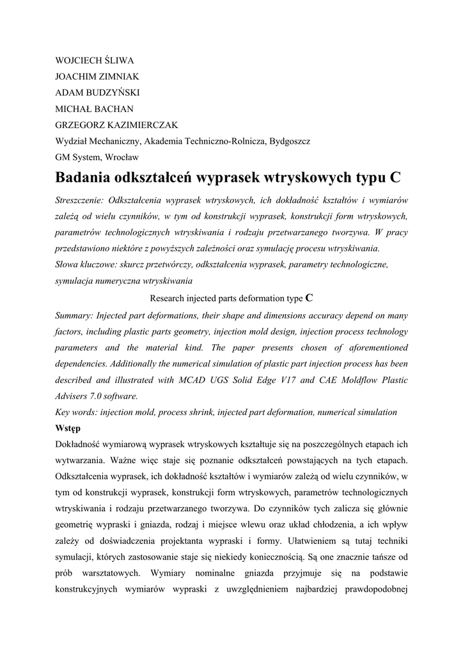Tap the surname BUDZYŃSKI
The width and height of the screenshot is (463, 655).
pos(111,93)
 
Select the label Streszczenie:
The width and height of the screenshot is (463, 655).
pos(79,200)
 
